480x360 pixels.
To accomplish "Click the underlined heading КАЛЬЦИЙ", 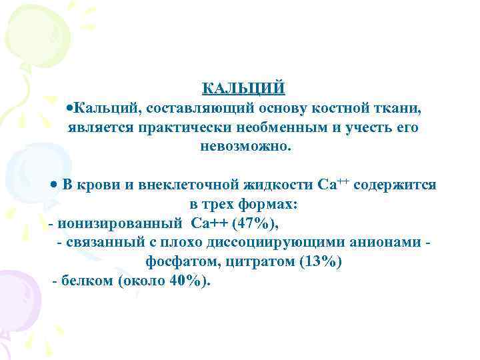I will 243,89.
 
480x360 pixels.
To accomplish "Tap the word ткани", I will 398,107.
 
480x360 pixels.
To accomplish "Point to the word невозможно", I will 245,145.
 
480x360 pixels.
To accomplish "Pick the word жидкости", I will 269,185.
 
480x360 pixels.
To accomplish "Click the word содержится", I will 395,185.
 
